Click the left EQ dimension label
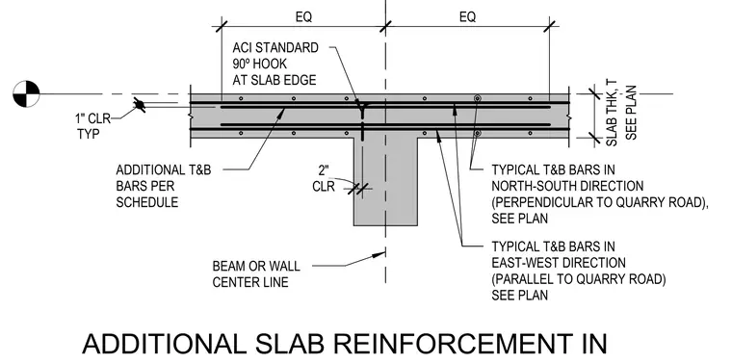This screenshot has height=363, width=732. click(303, 17)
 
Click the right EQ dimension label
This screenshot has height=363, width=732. click(467, 17)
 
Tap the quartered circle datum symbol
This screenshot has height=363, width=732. click(26, 93)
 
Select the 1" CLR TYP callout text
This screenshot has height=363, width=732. click(92, 126)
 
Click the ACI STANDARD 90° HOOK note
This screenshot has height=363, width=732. click(275, 64)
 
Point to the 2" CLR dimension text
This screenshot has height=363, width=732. click(324, 178)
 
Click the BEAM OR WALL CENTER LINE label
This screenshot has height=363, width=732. click(256, 274)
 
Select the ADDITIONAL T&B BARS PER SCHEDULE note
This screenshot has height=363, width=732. click(164, 186)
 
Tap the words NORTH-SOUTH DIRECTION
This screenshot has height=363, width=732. click(567, 186)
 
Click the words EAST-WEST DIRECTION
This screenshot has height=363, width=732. click(559, 263)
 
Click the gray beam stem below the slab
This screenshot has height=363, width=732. click(385, 182)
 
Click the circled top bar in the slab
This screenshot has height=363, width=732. click(477, 98)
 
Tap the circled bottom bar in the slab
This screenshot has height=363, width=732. click(477, 133)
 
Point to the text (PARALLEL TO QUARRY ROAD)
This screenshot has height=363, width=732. click(579, 279)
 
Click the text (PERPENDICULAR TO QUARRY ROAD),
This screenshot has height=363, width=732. click(600, 202)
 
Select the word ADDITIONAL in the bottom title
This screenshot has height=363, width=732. click(164, 344)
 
